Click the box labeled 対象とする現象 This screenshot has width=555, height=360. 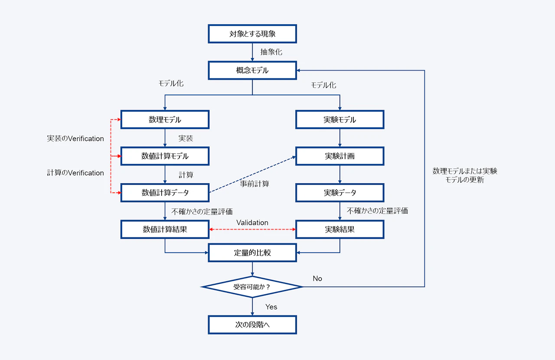(x=252, y=34)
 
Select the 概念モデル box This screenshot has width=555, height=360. (x=252, y=71)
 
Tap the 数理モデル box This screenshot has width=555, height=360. (x=165, y=120)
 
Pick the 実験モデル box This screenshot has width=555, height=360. (x=340, y=120)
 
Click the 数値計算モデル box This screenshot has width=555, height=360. (x=165, y=156)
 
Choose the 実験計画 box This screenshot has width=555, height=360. (x=340, y=156)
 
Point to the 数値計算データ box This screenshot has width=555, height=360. (x=165, y=193)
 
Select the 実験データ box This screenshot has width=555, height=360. (x=340, y=193)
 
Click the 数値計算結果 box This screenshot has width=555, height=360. (x=165, y=229)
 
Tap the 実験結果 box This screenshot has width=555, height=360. (x=340, y=229)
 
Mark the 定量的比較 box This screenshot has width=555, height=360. (x=252, y=253)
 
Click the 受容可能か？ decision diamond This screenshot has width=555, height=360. (x=252, y=287)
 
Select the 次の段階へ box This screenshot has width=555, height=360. (x=252, y=324)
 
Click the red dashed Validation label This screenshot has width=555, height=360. (x=252, y=223)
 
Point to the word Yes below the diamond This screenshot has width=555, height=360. (x=271, y=307)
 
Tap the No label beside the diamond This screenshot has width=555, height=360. (x=317, y=279)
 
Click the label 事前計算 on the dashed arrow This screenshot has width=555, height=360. (x=255, y=184)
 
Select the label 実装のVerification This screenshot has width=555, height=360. (x=75, y=139)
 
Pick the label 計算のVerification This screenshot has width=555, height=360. (x=75, y=173)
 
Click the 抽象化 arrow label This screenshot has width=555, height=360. (x=271, y=52)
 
